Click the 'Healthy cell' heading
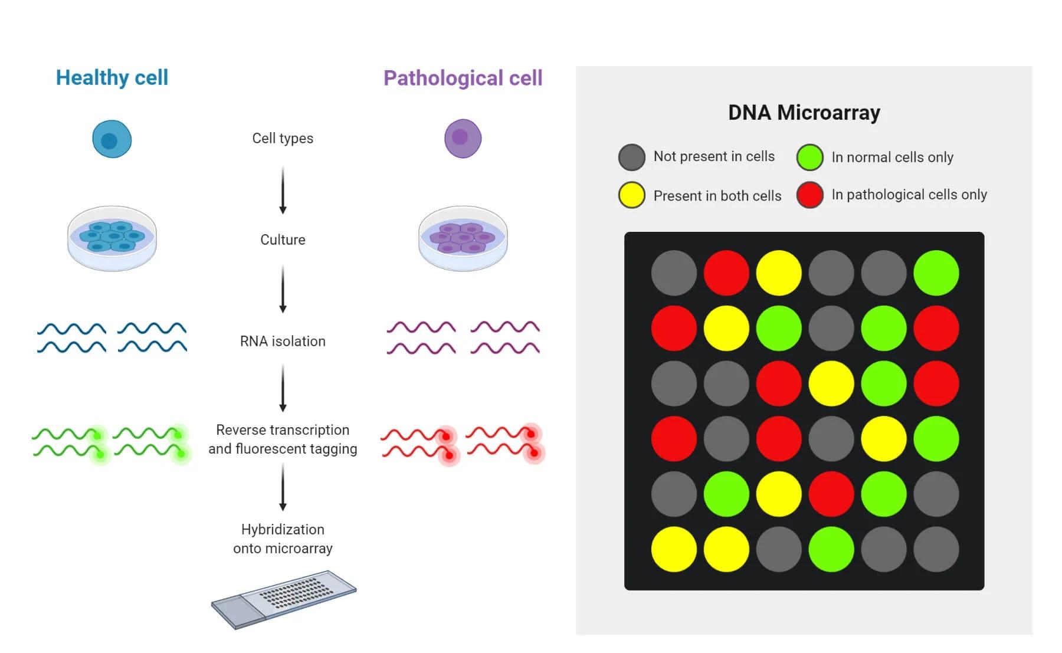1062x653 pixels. pyautogui.click(x=112, y=78)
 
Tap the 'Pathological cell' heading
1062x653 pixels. pyautogui.click(x=463, y=78)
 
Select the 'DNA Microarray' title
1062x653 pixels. pyautogui.click(x=804, y=112)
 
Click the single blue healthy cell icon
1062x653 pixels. pyautogui.click(x=112, y=139)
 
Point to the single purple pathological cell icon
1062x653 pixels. pyautogui.click(x=463, y=139)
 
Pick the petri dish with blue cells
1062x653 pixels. pyautogui.click(x=112, y=238)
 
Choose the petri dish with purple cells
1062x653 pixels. pyautogui.click(x=463, y=238)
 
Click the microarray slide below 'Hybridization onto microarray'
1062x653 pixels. pyautogui.click(x=284, y=599)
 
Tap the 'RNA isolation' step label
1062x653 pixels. pyautogui.click(x=283, y=342)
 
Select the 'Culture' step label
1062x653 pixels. pyautogui.click(x=283, y=240)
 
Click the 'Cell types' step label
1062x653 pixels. pyautogui.click(x=283, y=139)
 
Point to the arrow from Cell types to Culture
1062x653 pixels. pyautogui.click(x=283, y=190)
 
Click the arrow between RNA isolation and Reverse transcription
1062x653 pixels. pyautogui.click(x=283, y=388)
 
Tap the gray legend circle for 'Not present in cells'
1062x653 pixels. pyautogui.click(x=632, y=157)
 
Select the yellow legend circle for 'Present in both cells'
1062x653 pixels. pyautogui.click(x=632, y=195)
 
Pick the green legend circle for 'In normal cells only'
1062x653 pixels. pyautogui.click(x=810, y=157)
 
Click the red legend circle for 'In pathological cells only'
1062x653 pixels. pyautogui.click(x=810, y=195)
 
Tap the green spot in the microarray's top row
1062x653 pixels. pyautogui.click(x=936, y=273)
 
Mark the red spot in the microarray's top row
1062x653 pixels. pyautogui.click(x=726, y=273)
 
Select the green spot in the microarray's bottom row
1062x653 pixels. pyautogui.click(x=831, y=549)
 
